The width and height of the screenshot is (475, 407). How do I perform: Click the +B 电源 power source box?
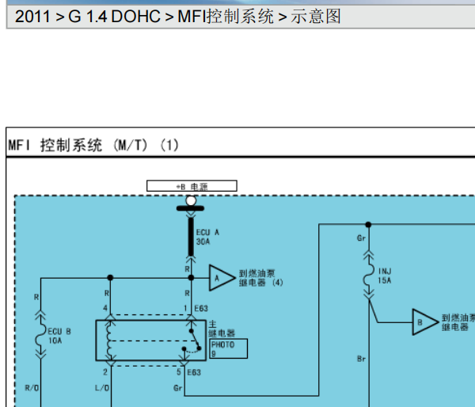[192, 186]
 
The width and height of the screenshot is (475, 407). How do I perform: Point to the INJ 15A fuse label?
[386, 276]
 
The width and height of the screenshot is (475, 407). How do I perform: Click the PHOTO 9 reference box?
[227, 349]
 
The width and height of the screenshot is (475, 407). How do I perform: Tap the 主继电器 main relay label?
[218, 329]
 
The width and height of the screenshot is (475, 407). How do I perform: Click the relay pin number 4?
[105, 307]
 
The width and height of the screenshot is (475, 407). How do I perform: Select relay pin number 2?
[105, 371]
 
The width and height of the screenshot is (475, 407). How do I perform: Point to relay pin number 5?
[179, 371]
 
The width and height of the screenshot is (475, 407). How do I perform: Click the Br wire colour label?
[361, 359]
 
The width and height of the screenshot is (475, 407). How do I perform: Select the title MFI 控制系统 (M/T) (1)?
[93, 145]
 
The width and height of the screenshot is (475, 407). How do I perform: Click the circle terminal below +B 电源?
[190, 201]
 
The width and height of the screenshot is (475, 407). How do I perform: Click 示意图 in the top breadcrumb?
[317, 16]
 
